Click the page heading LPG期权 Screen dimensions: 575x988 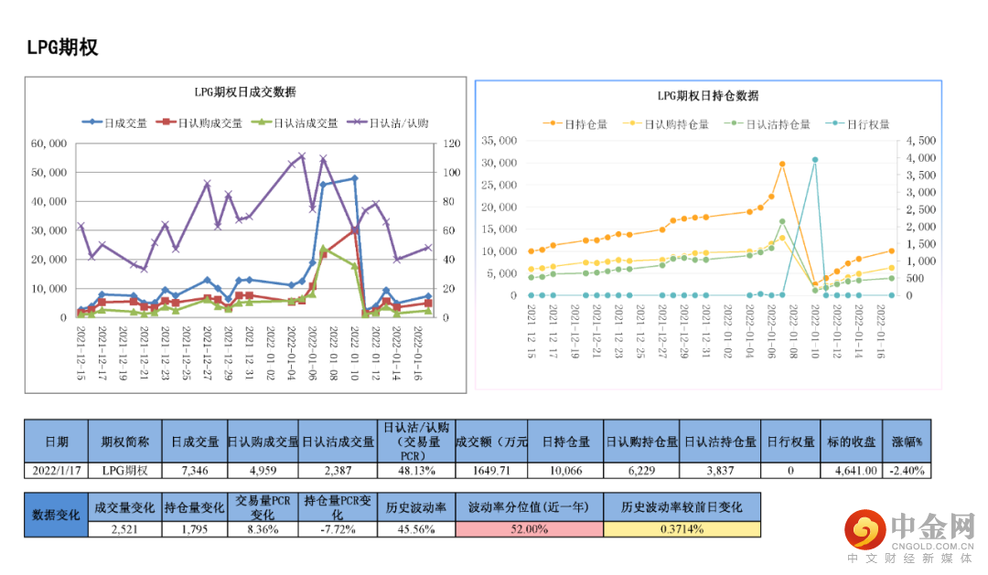pyautogui.click(x=62, y=48)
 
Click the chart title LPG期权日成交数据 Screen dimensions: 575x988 pyautogui.click(x=244, y=92)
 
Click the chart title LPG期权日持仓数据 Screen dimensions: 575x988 pyautogui.click(x=708, y=96)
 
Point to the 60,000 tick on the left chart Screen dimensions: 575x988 pyautogui.click(x=49, y=144)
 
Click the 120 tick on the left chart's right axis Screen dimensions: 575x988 pyautogui.click(x=452, y=144)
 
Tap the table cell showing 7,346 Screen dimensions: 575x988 pyautogui.click(x=195, y=471)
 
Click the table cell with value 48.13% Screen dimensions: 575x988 pyautogui.click(x=416, y=471)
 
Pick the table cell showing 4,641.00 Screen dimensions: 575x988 pyautogui.click(x=856, y=471)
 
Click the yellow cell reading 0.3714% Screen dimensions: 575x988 pyautogui.click(x=682, y=528)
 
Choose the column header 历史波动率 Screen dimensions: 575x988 pyautogui.click(x=415, y=506)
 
